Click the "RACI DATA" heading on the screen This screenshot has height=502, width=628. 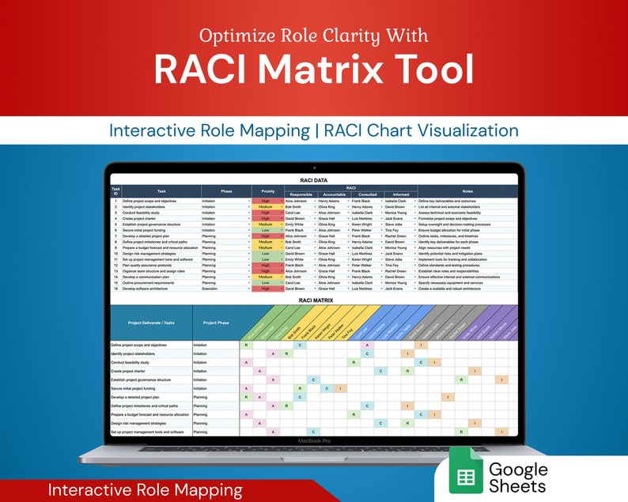coord(313,179)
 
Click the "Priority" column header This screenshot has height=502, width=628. coord(267,191)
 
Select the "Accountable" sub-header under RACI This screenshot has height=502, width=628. coord(333,194)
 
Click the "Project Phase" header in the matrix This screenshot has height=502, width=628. coord(216,323)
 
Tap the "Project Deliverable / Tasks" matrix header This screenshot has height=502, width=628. coord(150,323)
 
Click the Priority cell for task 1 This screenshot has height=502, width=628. coord(266,202)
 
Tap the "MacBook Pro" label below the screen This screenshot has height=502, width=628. coord(313,442)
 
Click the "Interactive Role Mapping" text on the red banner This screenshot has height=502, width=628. coord(145,490)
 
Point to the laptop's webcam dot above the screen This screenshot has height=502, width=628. coord(314,168)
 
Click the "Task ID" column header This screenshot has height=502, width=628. coord(116,191)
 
